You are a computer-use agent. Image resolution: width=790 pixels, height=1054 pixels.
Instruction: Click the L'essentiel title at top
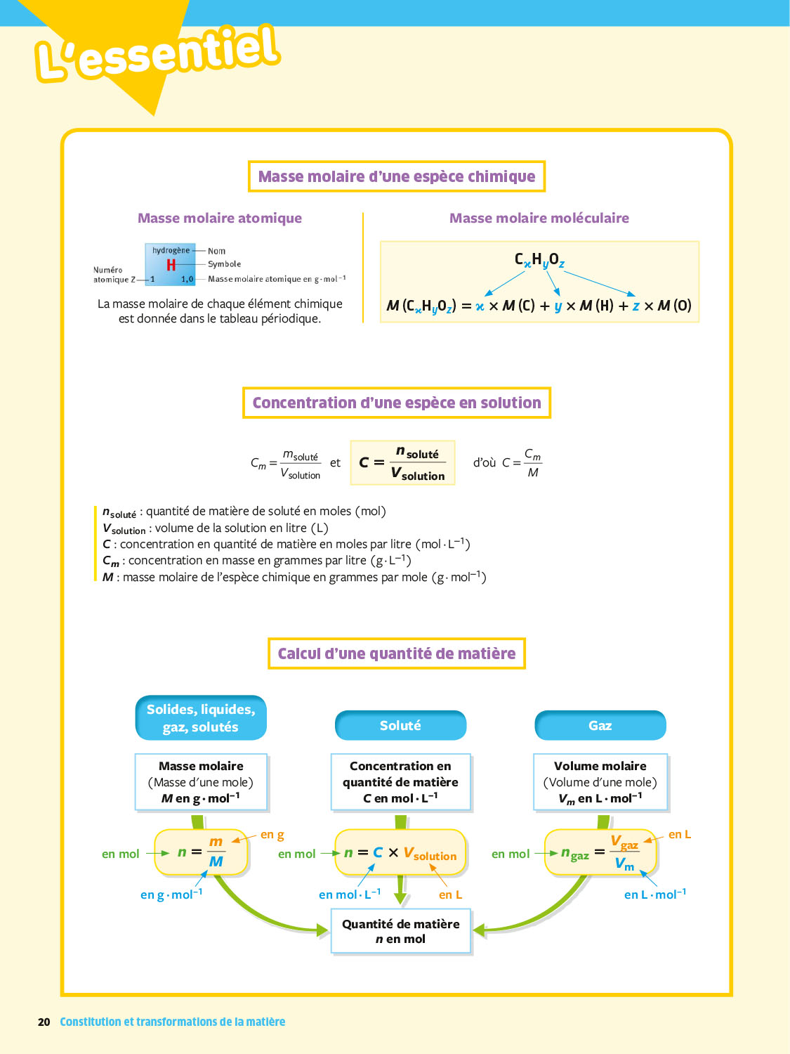(158, 53)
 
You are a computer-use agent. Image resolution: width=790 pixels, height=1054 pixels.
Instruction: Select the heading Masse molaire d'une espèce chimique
(397, 176)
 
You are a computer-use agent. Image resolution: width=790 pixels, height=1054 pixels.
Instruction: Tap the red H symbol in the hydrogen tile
(171, 265)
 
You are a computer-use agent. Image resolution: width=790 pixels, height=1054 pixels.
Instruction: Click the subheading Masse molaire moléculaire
(539, 219)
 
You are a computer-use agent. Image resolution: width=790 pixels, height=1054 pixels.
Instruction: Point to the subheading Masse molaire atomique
(220, 219)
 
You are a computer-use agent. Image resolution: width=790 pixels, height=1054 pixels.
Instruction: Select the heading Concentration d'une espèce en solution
(397, 403)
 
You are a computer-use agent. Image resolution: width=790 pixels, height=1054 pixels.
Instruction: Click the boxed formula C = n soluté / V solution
(403, 463)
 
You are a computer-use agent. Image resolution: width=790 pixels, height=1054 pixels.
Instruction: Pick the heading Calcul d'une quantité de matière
(397, 654)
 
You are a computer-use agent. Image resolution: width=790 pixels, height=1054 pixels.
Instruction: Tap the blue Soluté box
(400, 726)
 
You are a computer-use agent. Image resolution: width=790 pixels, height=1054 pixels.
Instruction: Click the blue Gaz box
(600, 726)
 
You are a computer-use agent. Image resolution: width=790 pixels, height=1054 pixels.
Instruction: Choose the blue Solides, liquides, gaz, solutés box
(201, 718)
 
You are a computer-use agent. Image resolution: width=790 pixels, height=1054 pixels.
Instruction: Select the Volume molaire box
(600, 782)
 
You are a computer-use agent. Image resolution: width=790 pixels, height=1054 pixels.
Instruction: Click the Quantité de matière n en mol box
(400, 932)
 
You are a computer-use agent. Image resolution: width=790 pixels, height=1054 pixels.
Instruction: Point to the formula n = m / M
(202, 852)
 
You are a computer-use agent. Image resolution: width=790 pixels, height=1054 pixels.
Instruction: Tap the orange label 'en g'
(272, 835)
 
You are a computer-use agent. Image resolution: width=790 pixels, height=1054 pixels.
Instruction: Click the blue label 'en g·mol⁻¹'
(171, 894)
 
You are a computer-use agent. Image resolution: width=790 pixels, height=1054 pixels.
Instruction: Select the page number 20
(44, 1022)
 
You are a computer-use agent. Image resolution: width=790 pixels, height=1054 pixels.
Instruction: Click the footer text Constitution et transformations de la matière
(173, 1022)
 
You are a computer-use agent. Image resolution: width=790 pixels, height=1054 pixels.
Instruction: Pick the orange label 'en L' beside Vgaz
(679, 835)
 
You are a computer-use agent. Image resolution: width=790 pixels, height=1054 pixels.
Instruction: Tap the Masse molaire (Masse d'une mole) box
(201, 782)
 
